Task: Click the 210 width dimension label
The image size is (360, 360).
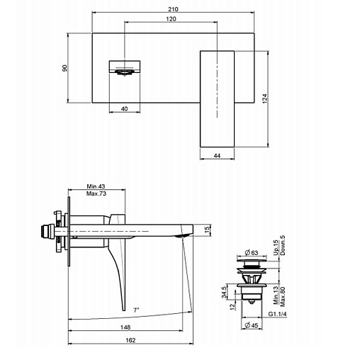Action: pos(173,9)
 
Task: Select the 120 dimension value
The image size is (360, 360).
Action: pos(171,19)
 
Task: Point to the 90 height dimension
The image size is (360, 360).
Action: pos(64,68)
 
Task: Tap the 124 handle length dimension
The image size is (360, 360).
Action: pos(265,99)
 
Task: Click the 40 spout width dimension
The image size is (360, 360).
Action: pos(124,108)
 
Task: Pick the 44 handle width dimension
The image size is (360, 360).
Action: pos(217,156)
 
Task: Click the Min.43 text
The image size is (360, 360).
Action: pos(96,186)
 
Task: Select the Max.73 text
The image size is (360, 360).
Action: pos(96,193)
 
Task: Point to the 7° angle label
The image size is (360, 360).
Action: pos(136,310)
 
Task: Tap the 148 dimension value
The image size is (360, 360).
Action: pos(125,327)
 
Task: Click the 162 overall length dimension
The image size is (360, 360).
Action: pos(130,340)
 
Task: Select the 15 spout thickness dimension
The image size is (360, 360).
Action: pos(207,230)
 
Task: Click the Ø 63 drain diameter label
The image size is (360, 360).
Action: pos(252,253)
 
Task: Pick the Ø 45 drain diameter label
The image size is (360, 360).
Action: pos(252,325)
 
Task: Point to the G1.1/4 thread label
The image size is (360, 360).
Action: pos(277,314)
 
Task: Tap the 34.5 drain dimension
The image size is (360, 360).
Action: pos(224,292)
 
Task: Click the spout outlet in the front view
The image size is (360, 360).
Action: pos(125,72)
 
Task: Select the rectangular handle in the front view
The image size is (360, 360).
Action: pos(217,99)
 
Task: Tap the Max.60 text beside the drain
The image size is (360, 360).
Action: pos(283,297)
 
